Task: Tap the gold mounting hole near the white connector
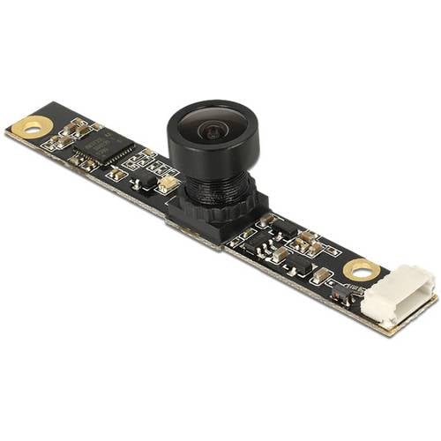(360, 270)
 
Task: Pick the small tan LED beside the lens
(168, 184)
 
